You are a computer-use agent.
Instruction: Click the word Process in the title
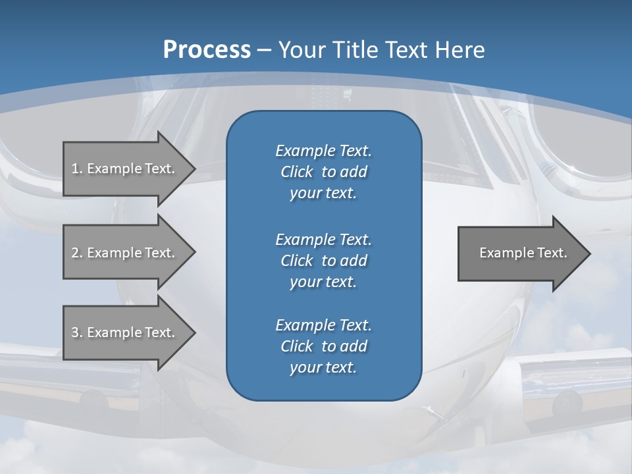click(x=207, y=50)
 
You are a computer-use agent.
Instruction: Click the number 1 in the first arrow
click(x=75, y=169)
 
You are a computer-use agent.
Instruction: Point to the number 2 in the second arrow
click(x=75, y=253)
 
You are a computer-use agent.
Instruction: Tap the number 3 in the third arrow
click(x=75, y=332)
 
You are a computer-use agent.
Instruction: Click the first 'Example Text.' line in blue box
click(x=323, y=151)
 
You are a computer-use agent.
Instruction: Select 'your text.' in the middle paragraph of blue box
click(x=323, y=282)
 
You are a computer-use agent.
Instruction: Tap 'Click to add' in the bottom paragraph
click(x=323, y=346)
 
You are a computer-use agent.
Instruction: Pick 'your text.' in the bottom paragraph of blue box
click(x=323, y=367)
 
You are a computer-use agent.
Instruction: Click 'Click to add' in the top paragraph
click(x=323, y=172)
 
